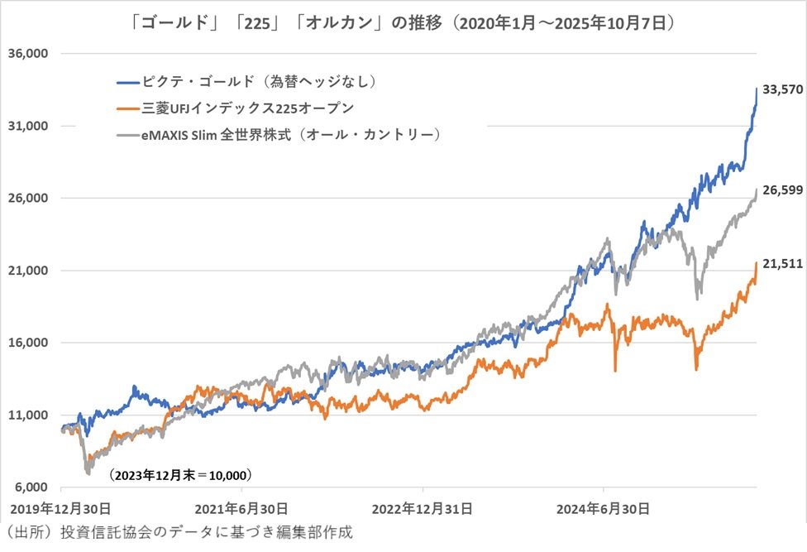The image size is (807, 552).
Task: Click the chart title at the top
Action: [x=403, y=24]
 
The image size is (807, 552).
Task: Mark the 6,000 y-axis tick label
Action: [x=31, y=487]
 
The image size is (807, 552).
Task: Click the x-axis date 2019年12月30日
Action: [x=60, y=506]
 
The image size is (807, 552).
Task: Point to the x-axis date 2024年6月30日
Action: [x=604, y=506]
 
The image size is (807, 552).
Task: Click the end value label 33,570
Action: [x=781, y=89]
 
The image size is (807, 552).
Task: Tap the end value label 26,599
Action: [x=781, y=191]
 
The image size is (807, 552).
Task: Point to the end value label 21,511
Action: [x=781, y=264]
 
